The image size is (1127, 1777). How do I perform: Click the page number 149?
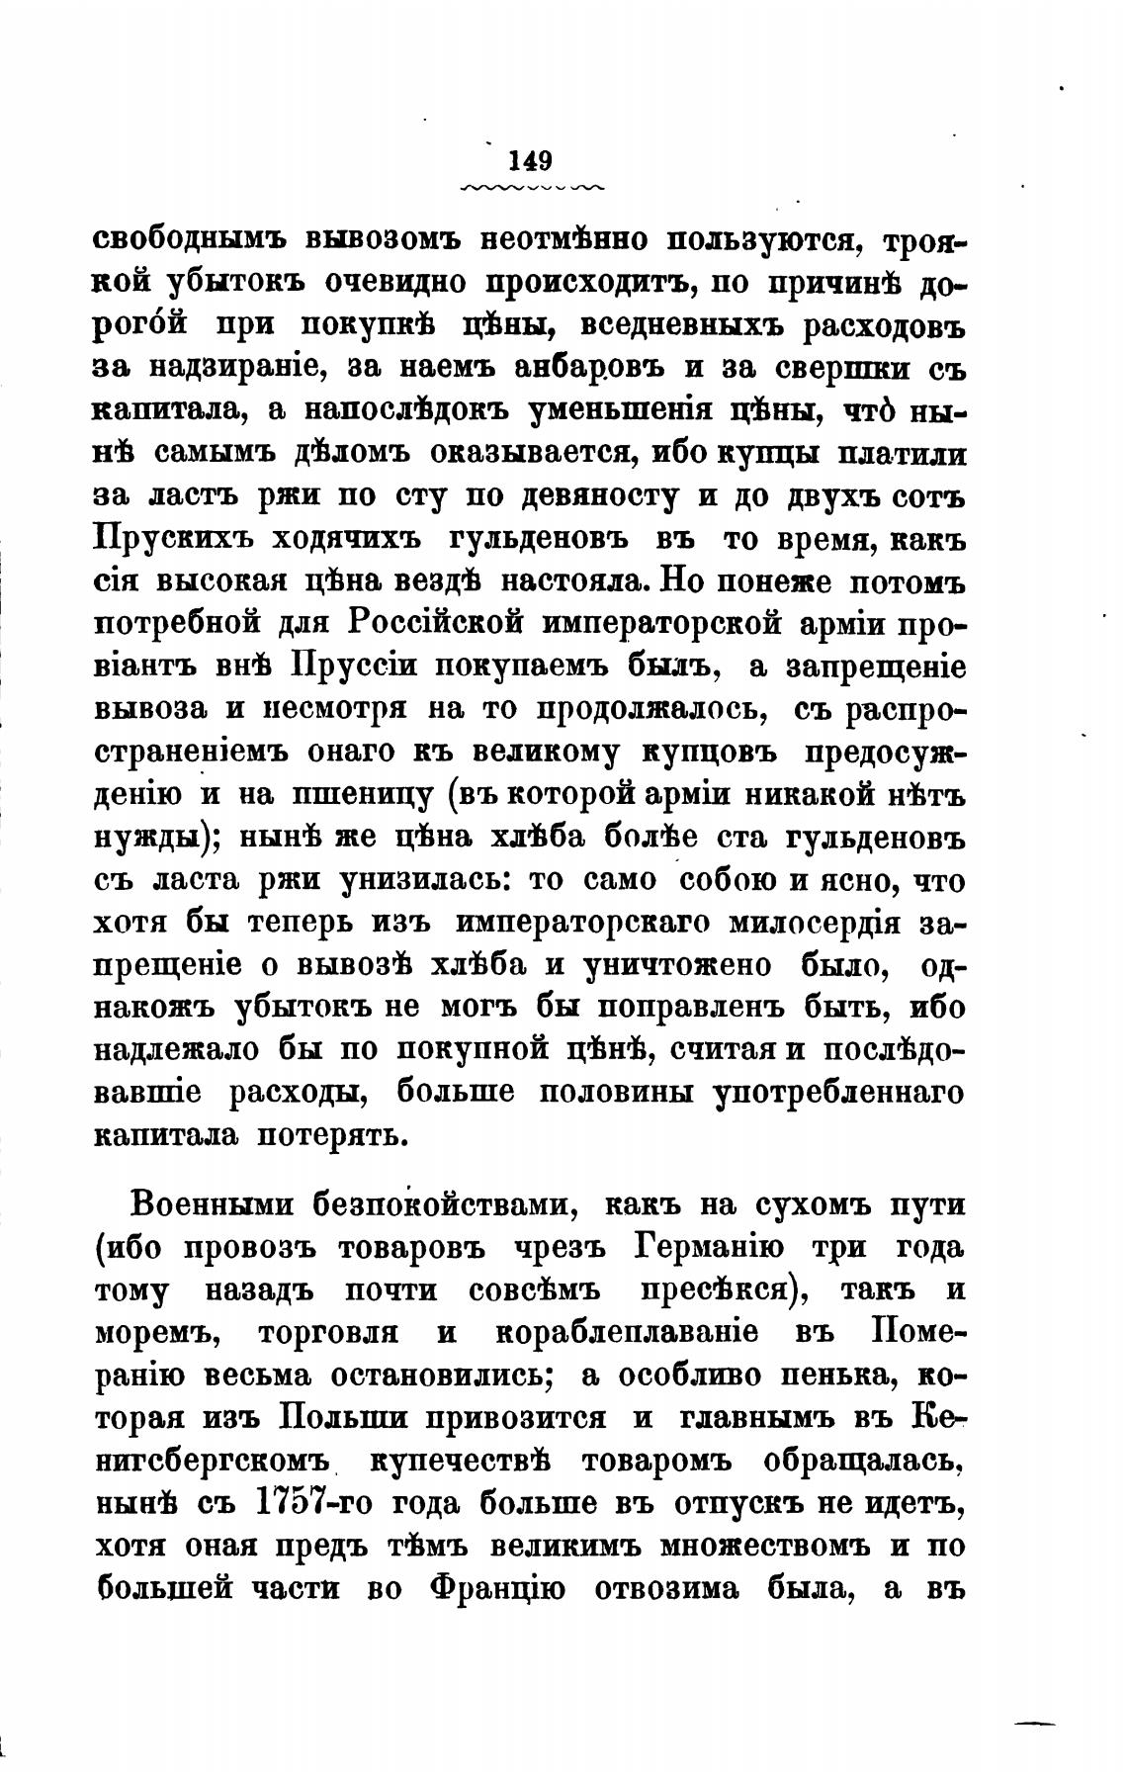click(532, 160)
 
